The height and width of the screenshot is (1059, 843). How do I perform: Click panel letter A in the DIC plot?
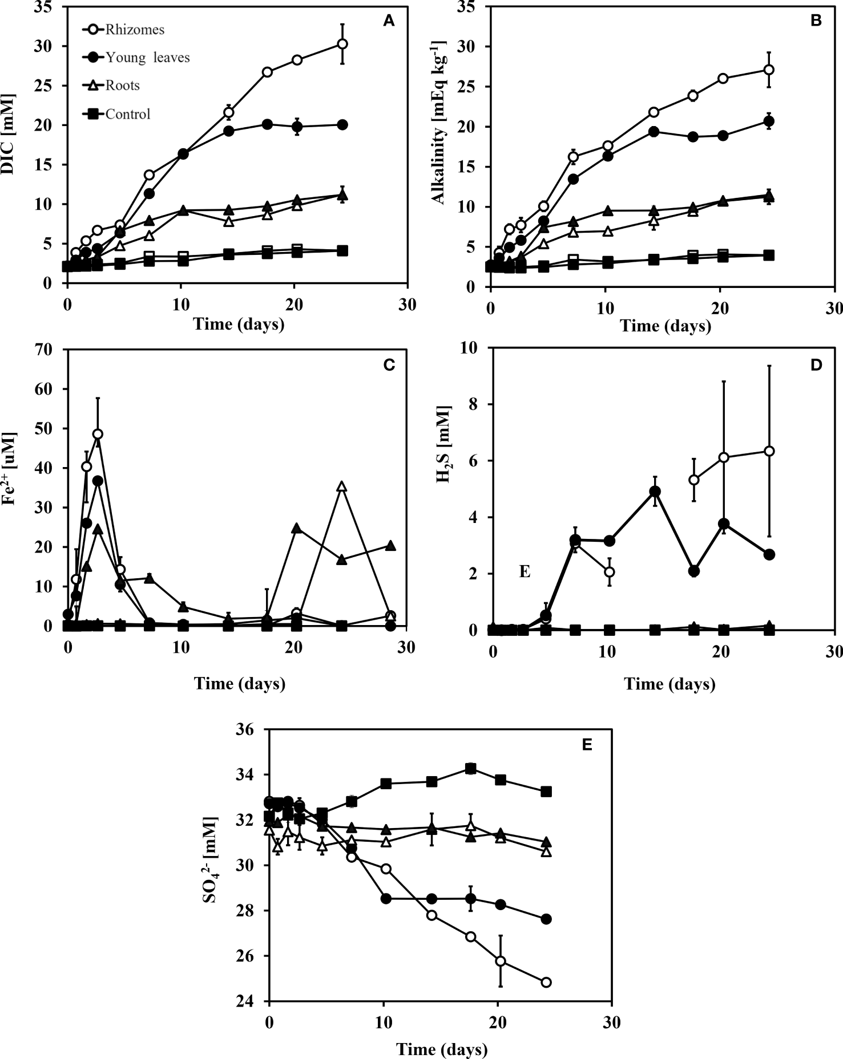388,22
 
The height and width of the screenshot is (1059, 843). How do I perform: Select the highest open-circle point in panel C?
98,434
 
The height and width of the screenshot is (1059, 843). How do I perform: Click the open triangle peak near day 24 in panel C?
341,486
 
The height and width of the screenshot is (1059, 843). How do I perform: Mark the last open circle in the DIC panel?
342,44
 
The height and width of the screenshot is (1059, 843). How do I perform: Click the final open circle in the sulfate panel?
546,983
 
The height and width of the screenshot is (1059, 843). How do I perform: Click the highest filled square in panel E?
470,768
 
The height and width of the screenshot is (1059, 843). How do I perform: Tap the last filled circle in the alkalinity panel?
769,121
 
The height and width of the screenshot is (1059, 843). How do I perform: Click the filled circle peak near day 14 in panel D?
655,492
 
